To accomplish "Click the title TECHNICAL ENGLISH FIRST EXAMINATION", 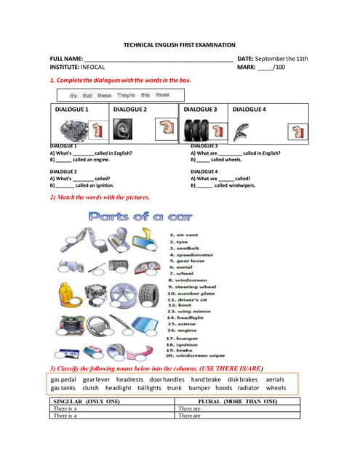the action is (x=179, y=45).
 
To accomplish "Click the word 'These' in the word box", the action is (x=105, y=95).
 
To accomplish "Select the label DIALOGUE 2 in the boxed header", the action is (x=130, y=109).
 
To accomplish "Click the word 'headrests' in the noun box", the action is (x=129, y=379).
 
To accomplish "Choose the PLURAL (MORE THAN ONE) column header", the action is (x=238, y=401).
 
